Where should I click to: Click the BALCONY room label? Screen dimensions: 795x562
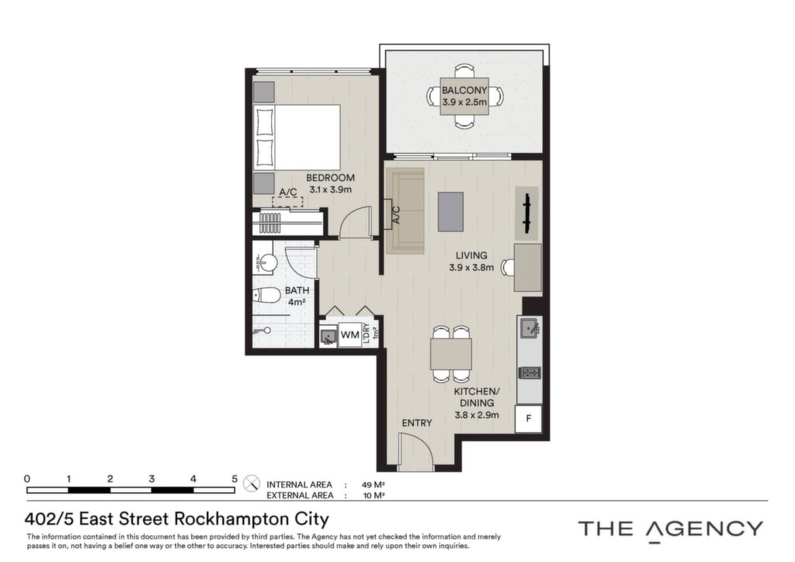coord(464,90)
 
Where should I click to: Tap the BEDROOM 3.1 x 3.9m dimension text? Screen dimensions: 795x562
coord(330,190)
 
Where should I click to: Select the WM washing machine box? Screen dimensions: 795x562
coord(350,335)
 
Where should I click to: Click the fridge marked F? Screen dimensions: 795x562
coord(528,418)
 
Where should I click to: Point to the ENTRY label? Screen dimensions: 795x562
coord(417,423)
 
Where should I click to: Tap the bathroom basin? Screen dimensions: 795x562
coord(266,262)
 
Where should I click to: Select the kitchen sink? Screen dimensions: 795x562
coord(529,328)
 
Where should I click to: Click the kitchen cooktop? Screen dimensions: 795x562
coord(529,373)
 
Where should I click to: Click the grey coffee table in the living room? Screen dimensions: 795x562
coord(451,212)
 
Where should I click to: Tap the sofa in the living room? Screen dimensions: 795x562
coord(405,210)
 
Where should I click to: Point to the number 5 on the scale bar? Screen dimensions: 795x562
coord(234,478)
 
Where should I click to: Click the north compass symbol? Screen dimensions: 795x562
coord(252,484)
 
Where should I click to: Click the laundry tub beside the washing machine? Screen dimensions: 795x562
coord(328,335)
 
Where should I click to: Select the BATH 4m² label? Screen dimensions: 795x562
coord(297,297)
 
